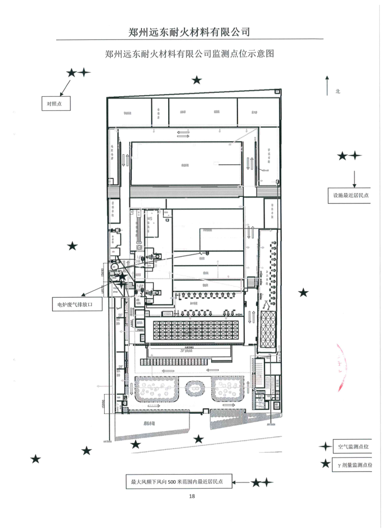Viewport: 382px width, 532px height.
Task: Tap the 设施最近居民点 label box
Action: pyautogui.click(x=349, y=195)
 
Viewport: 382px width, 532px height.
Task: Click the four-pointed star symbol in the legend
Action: pyautogui.click(x=324, y=446)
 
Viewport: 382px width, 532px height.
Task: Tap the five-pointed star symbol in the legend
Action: pyautogui.click(x=325, y=464)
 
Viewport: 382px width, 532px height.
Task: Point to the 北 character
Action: pyautogui.click(x=338, y=91)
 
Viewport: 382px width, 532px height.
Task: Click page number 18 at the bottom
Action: pyautogui.click(x=191, y=496)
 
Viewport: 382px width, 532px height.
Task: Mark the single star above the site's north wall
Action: pyautogui.click(x=196, y=81)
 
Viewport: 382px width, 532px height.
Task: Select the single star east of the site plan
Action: pyautogui.click(x=303, y=292)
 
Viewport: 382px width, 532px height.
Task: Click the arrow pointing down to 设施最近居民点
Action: pyautogui.click(x=355, y=178)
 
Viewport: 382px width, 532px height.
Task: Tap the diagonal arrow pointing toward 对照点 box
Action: pyautogui.click(x=66, y=87)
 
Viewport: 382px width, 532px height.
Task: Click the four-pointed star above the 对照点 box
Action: pyautogui.click(x=84, y=73)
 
